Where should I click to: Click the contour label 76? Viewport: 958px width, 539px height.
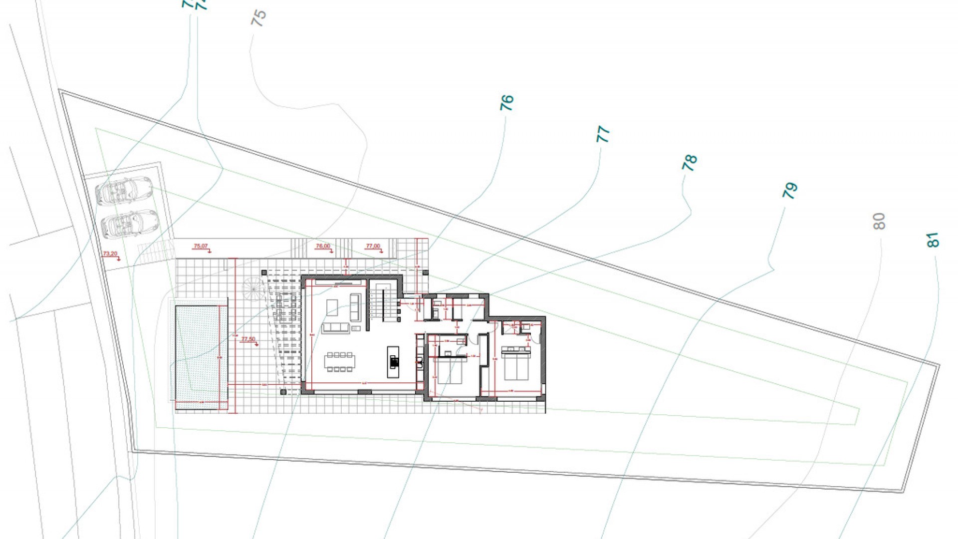pos(506,103)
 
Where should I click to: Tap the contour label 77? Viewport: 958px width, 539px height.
pos(603,134)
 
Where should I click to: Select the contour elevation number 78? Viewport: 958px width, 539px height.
pos(689,163)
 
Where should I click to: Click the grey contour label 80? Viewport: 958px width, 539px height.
pos(879,221)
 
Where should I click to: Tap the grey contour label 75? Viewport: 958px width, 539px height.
pos(259,18)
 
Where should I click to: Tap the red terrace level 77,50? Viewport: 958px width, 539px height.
pos(248,339)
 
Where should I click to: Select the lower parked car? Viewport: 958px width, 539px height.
pos(129,223)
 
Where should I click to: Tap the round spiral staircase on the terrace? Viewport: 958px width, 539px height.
pos(253,289)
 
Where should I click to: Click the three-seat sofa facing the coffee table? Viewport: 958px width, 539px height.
pos(335,328)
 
